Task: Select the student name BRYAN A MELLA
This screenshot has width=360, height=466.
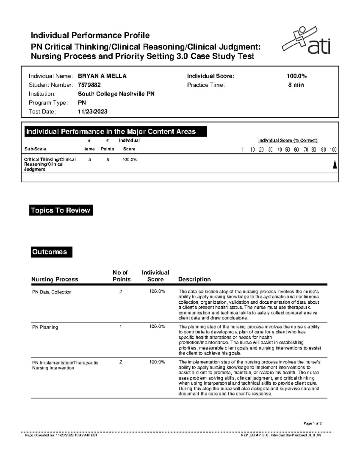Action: point(102,76)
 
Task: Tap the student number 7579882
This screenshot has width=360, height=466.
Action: point(89,85)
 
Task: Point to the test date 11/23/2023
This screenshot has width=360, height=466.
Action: point(92,112)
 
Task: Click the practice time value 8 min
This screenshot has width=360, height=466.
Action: point(296,85)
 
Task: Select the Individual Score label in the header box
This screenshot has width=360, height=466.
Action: point(211,76)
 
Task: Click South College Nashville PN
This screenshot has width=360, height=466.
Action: point(116,94)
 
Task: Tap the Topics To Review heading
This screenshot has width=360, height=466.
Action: point(61,210)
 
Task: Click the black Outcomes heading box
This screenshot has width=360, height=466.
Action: point(51,252)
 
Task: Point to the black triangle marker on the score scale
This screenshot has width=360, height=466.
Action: point(334,164)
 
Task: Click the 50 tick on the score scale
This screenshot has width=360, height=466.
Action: point(287,149)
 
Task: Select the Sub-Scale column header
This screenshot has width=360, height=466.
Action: point(35,149)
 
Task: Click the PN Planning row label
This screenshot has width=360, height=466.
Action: point(45,327)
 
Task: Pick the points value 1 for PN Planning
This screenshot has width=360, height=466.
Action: point(121,327)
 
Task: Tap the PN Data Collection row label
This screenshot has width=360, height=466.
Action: point(52,292)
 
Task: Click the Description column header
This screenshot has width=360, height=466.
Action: point(194,279)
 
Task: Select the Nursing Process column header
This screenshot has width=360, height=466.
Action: point(55,279)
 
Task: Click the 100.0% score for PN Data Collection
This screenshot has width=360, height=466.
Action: point(157,291)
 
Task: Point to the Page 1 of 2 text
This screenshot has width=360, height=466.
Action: point(313,423)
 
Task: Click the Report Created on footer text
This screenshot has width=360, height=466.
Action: point(61,435)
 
